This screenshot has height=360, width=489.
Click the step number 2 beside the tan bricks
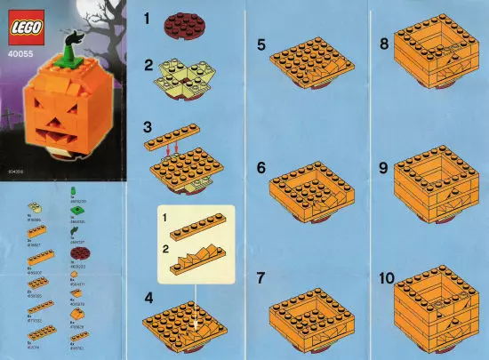[x=149, y=68]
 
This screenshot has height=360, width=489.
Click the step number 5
[x=261, y=44]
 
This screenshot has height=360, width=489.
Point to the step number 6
[x=261, y=166]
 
